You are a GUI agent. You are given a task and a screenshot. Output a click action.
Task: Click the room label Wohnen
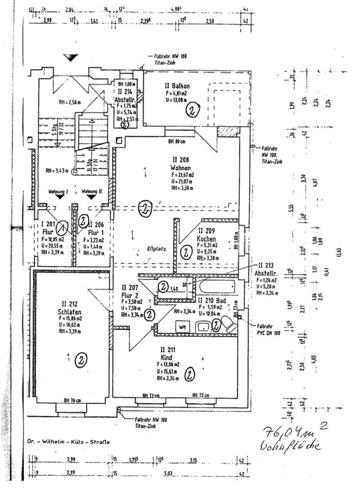pos(181,168)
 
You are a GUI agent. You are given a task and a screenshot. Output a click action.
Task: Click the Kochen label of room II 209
pos(207,239)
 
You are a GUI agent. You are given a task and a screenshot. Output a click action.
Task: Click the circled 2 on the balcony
pos(193,110)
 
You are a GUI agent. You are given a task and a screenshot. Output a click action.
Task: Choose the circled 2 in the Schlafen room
pos(80,360)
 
